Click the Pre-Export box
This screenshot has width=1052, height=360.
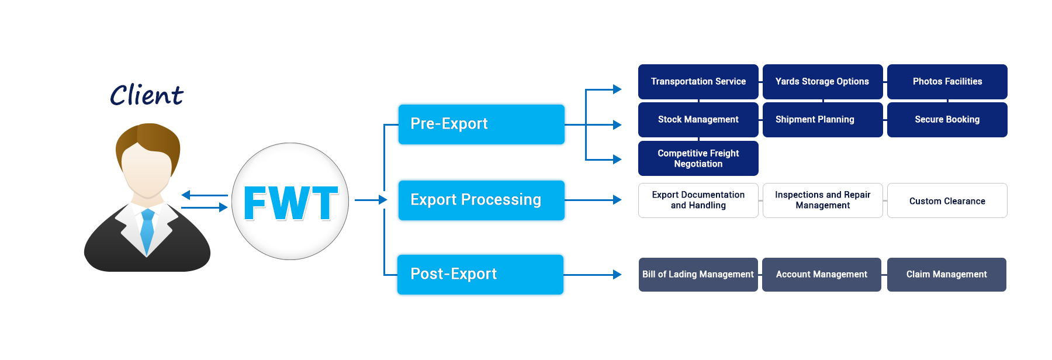point(481,124)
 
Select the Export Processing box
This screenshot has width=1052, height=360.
point(481,200)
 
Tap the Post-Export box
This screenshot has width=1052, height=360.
point(480,274)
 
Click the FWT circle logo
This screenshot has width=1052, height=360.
point(290,202)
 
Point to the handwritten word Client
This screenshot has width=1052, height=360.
point(147,95)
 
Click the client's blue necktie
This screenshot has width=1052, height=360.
point(147,231)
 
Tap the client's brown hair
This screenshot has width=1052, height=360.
point(148,146)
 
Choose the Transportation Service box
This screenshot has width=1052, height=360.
point(698,81)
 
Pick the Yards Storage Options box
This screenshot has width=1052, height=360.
point(823,81)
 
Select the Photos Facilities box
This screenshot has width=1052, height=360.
point(947,81)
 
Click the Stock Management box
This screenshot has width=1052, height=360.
point(698,120)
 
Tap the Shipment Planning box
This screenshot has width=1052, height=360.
point(823,120)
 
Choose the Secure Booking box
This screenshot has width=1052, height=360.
point(947,120)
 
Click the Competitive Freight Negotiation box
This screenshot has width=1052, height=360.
point(698,158)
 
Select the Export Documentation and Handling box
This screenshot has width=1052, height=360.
point(698,200)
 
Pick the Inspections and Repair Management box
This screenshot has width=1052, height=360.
point(823,200)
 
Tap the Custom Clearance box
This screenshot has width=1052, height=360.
point(947,200)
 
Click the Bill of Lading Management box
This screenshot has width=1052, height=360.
point(698,275)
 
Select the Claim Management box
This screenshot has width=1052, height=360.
point(947,275)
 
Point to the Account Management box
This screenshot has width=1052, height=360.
point(822,275)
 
